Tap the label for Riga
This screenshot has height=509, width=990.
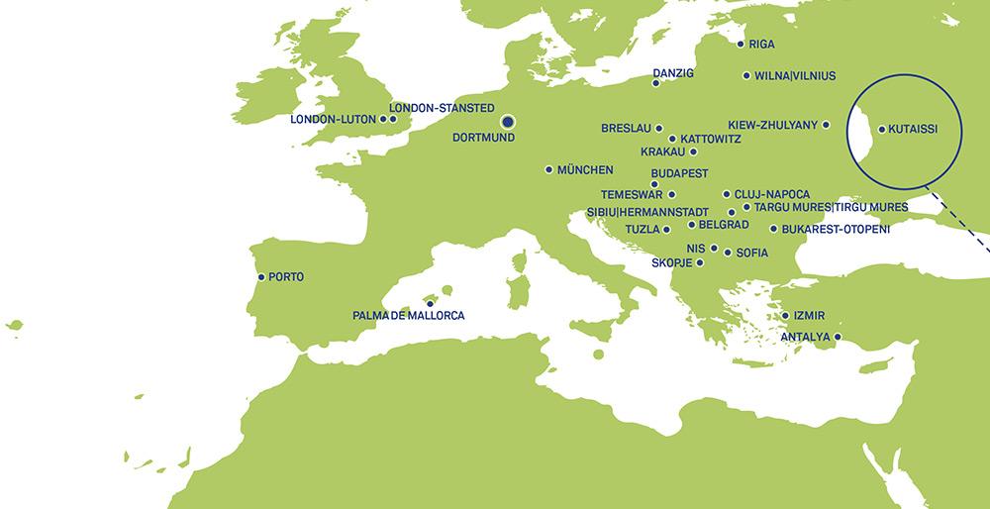pos(762,45)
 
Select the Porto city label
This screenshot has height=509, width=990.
pos(285,277)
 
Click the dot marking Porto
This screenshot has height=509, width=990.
pos(260,277)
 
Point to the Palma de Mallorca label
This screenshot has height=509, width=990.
pos(408,316)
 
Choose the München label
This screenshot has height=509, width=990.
pos(585,169)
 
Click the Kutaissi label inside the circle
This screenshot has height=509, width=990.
pos(913,129)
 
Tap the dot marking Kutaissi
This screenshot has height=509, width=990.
pos(881,129)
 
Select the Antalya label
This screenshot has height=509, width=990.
pos(805,337)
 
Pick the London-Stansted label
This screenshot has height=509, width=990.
pos(442,107)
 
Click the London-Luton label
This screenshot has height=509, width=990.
pos(333,120)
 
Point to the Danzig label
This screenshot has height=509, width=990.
pos(674,73)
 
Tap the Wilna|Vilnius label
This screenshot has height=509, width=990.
pos(795,75)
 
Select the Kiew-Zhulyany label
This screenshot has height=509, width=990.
pos(772,125)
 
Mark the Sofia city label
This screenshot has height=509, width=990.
pos(752,253)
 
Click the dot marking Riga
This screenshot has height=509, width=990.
pos(741,44)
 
